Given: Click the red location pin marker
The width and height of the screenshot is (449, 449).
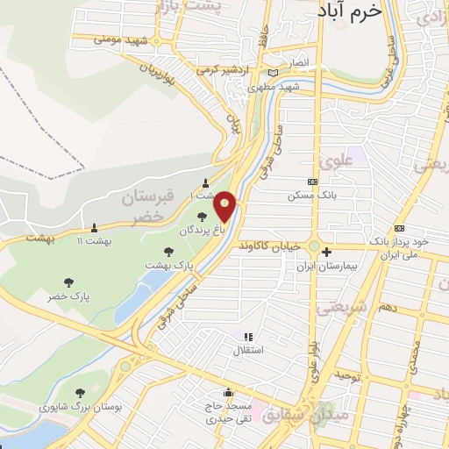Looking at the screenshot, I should point(225,207).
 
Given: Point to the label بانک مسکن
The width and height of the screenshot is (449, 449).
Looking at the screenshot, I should point(311,195).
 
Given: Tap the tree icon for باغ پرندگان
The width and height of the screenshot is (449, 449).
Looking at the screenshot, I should point(202,216).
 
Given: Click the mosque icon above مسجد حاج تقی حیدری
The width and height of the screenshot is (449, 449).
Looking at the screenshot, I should point(229,392).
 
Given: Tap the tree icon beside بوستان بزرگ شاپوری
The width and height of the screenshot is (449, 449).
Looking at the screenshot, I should point(81,394).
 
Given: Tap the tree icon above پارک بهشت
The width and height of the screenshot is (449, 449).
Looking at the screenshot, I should point(168,252).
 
